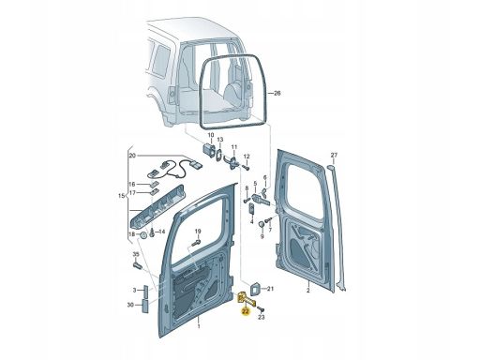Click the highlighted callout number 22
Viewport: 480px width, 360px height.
[246, 311]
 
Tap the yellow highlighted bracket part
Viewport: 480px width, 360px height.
[246, 299]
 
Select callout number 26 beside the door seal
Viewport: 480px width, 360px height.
[277, 93]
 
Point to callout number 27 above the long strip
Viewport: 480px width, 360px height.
[334, 155]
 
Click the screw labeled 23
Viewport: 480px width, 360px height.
[261, 309]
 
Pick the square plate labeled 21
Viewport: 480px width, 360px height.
[255, 289]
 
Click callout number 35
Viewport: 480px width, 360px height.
[136, 254]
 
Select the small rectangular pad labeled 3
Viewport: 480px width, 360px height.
[146, 292]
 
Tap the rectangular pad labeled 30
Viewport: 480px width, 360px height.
[145, 306]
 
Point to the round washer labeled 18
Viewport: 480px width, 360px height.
[144, 235]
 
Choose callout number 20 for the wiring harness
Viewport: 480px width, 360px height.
[132, 156]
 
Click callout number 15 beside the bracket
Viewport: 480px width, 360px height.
[121, 196]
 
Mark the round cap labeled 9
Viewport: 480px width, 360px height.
[262, 225]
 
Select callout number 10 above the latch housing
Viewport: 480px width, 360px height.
[211, 135]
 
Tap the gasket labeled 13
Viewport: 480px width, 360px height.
[219, 155]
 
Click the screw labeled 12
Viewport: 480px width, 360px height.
[246, 168]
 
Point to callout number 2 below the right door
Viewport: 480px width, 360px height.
[307, 291]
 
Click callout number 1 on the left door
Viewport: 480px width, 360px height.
[199, 326]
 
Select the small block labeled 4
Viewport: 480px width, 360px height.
[252, 208]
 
